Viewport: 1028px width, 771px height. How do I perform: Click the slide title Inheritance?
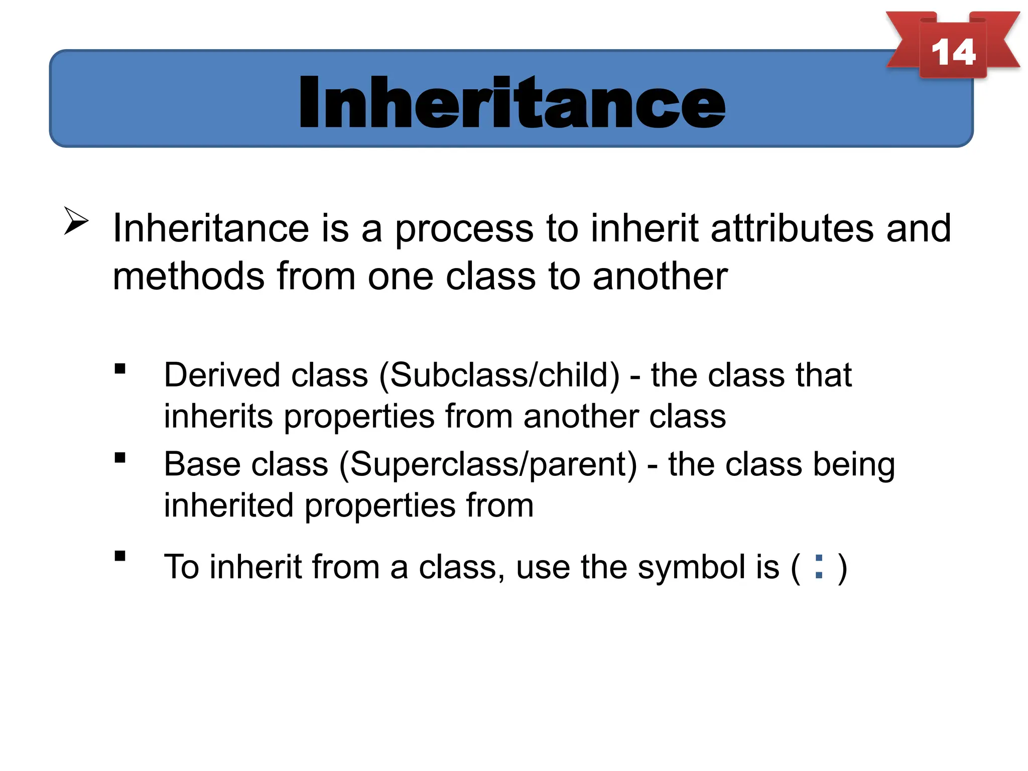[511, 102]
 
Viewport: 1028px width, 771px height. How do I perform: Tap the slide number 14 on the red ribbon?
[953, 52]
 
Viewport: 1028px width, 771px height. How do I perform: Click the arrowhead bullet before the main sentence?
[76, 221]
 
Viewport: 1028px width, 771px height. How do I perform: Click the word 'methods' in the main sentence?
[188, 276]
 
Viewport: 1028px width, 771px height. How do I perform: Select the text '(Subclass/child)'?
[499, 376]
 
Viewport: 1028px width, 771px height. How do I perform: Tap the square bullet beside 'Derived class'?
[120, 369]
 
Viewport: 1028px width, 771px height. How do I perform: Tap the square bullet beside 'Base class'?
[120, 458]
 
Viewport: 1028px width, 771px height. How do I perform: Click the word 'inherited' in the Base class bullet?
[228, 505]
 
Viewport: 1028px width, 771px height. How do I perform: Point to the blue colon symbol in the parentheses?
[819, 567]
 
